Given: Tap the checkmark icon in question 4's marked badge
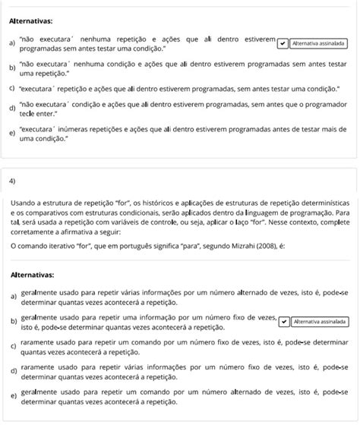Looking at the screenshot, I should [284, 321].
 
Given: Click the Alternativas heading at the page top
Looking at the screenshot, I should [31, 22].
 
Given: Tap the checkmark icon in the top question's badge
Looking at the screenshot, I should [284, 43].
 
